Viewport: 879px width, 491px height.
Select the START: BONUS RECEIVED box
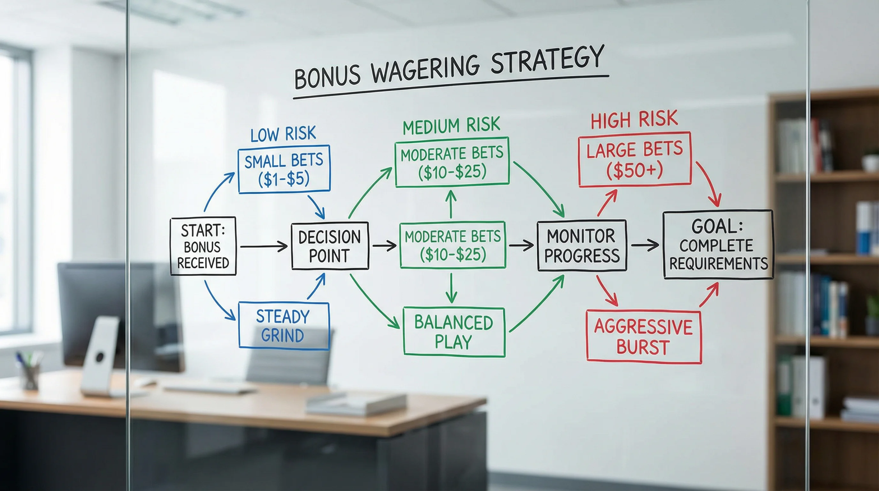203,246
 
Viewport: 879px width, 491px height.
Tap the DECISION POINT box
330,246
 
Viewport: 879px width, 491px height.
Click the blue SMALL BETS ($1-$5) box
284,169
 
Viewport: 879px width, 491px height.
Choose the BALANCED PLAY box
454,332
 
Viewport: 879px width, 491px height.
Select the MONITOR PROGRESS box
582,246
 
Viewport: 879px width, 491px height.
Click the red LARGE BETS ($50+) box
635,160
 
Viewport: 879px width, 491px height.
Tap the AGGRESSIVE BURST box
644,337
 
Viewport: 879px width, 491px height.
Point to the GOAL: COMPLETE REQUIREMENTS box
718,245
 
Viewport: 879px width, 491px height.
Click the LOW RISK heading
283,134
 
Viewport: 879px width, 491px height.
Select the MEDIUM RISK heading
451,125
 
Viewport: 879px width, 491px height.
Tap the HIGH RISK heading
634,120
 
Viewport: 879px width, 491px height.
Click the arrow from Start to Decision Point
264,246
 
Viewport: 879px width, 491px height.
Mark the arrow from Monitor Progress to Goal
645,245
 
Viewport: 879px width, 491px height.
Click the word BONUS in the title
327,77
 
